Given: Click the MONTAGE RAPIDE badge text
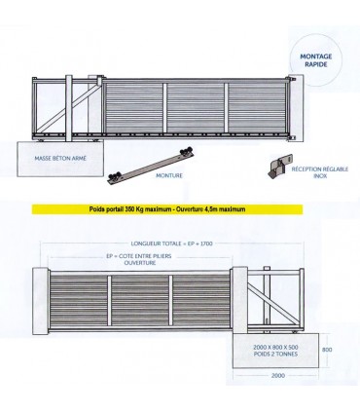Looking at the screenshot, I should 318,61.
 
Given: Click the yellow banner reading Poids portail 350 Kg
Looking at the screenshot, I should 138,209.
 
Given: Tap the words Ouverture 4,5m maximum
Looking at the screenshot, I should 201,209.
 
